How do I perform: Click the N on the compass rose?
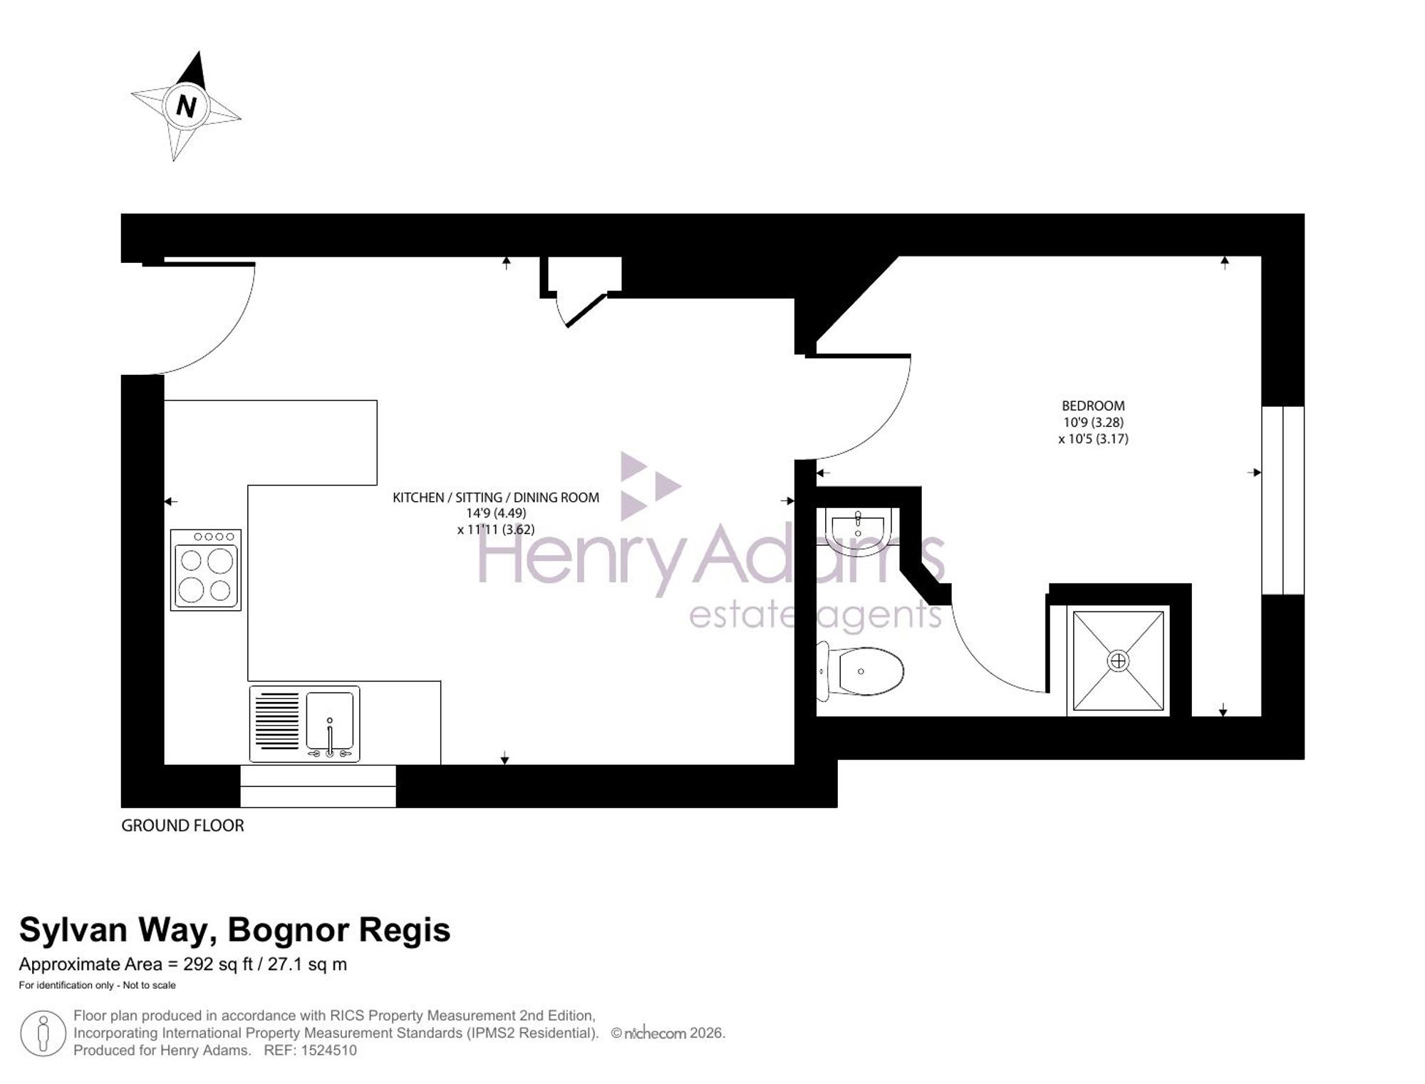(x=186, y=106)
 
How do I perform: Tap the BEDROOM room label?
(x=1093, y=406)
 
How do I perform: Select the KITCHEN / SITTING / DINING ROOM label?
(x=496, y=497)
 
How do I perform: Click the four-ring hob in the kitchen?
(x=206, y=569)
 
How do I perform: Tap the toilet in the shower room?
(x=860, y=671)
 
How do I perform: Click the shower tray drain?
(x=1118, y=661)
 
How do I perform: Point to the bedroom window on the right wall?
(x=1283, y=500)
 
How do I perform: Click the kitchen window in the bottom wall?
(x=318, y=786)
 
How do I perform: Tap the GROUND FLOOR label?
(x=182, y=825)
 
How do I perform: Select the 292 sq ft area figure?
(x=218, y=964)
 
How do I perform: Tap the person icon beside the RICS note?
(x=43, y=1033)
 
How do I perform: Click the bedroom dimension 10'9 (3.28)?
(x=1093, y=423)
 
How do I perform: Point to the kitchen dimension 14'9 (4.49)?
(x=496, y=513)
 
